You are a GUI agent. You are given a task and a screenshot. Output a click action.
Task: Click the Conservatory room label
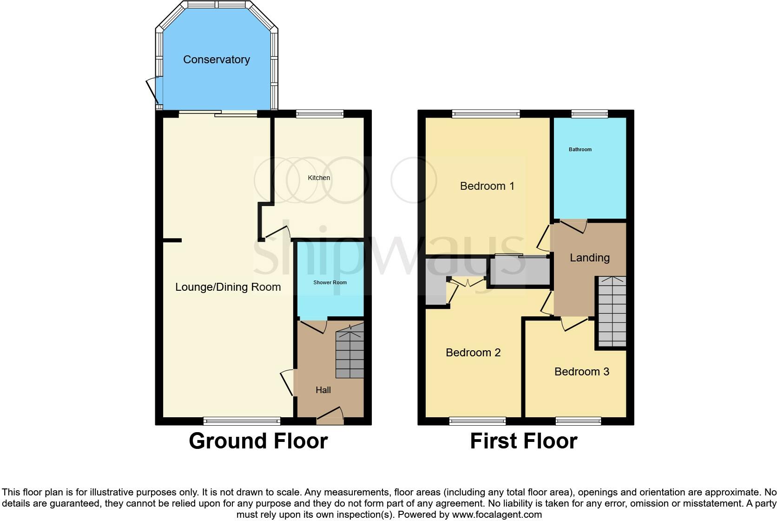pyautogui.click(x=217, y=60)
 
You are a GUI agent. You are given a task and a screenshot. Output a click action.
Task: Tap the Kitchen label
pyautogui.click(x=319, y=178)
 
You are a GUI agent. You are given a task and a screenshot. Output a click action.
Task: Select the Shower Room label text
pyautogui.click(x=330, y=282)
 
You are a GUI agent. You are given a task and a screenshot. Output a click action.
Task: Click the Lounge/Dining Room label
pyautogui.click(x=228, y=287)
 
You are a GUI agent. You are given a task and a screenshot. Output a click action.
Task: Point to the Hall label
pyautogui.click(x=323, y=390)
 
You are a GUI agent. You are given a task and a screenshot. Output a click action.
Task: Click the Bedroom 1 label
pyautogui.click(x=487, y=186)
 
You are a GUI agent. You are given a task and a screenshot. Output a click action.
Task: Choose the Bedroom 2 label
pyautogui.click(x=473, y=353)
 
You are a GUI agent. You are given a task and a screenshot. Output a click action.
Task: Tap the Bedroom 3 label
pyautogui.click(x=581, y=372)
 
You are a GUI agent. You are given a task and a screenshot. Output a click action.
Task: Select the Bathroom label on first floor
pyautogui.click(x=580, y=149)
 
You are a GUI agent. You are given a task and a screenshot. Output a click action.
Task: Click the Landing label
pyautogui.click(x=589, y=258)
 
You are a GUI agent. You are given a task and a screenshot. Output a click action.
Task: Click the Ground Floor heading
pyautogui.click(x=258, y=441)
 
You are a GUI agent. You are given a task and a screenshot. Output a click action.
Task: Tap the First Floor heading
pyautogui.click(x=523, y=441)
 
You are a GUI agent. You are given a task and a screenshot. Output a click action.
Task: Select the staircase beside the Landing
pyautogui.click(x=612, y=311)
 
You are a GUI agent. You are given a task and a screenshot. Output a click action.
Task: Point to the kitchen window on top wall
pyautogui.click(x=320, y=113)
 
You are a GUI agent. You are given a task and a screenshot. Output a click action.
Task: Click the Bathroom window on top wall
pyautogui.click(x=589, y=113)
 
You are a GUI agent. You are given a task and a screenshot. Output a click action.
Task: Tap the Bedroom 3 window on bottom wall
pyautogui.click(x=578, y=421)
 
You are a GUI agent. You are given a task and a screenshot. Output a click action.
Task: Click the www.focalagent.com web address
pyautogui.click(x=497, y=514)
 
